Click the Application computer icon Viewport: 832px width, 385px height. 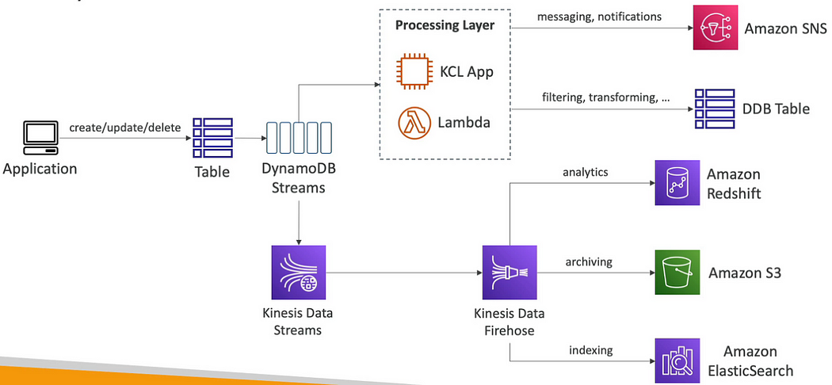[x=41, y=138]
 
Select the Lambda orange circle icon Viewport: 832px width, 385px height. [x=413, y=123]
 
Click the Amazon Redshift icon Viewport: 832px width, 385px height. [x=678, y=182]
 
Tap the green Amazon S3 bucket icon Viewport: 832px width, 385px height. [x=678, y=272]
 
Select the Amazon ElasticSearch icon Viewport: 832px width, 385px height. [x=678, y=360]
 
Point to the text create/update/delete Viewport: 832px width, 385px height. [x=124, y=126]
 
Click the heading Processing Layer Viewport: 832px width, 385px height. [x=444, y=25]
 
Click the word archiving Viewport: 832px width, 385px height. [x=590, y=261]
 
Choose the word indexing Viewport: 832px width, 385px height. [x=590, y=349]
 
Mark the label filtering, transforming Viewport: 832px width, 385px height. [x=605, y=97]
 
